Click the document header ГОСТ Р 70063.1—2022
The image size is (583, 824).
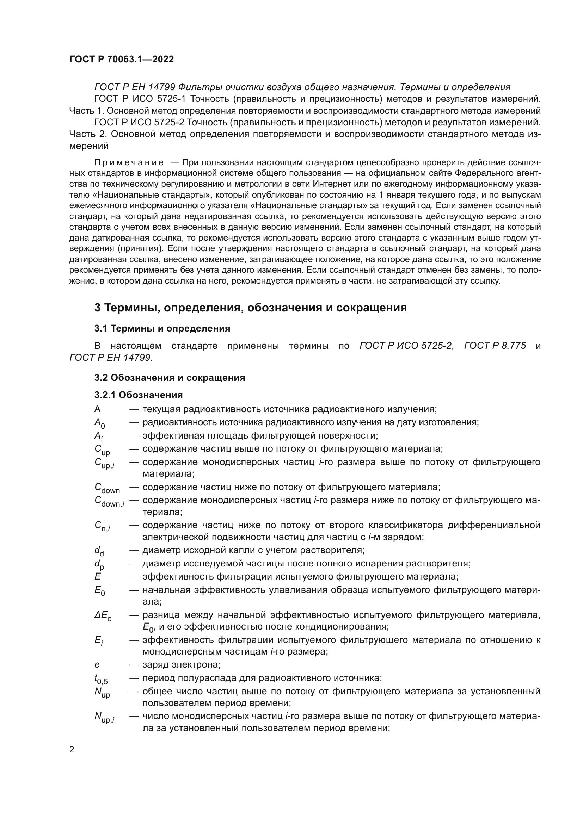pyautogui.click(x=121, y=59)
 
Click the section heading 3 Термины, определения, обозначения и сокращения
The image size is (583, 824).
pyautogui.click(x=250, y=308)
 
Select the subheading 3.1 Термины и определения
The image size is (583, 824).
pyautogui.click(x=162, y=328)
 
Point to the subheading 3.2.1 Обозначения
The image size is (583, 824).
pyautogui.click(x=139, y=395)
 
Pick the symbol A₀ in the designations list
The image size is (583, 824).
pyautogui.click(x=99, y=423)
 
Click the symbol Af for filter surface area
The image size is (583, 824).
pyautogui.click(x=99, y=437)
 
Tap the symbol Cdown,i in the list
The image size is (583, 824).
pyautogui.click(x=109, y=501)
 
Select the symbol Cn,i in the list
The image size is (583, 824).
pyautogui.click(x=102, y=526)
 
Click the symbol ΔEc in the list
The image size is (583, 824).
pyautogui.click(x=103, y=616)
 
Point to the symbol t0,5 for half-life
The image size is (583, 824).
pyautogui.click(x=101, y=679)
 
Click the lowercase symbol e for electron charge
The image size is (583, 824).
pyautogui.click(x=97, y=665)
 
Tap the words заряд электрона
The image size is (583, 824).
pyautogui.click(x=181, y=665)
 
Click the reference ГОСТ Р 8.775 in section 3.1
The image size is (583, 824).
pyautogui.click(x=495, y=346)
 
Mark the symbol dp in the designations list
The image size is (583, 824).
pyautogui.click(x=99, y=564)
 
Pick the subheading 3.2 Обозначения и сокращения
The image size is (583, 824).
pyautogui.click(x=170, y=378)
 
